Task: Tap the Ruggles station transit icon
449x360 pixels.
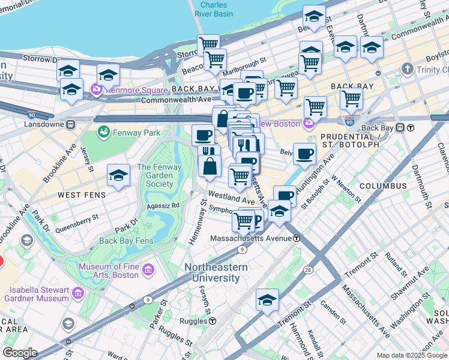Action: pos(212,320)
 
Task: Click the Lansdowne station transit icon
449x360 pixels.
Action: pos(70,125)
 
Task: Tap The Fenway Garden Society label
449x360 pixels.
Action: pos(164,176)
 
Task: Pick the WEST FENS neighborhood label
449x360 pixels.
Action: pos(82,196)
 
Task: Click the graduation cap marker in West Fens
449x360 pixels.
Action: pos(118,176)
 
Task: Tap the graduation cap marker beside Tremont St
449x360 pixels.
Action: pos(267,300)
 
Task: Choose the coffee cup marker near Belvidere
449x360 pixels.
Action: pos(304,154)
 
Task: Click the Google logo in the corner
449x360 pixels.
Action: pos(20,353)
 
